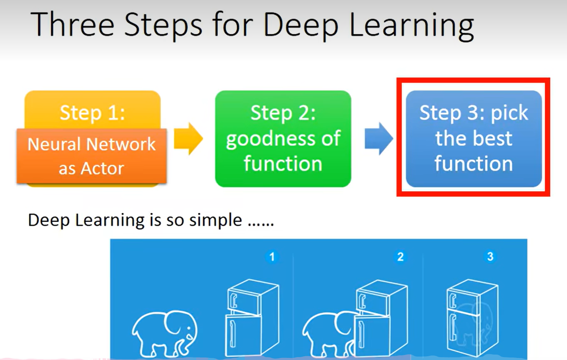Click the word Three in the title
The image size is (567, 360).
[73, 25]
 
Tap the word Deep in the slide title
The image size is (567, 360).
[301, 27]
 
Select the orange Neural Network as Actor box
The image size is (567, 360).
[91, 156]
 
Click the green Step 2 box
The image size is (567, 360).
[283, 139]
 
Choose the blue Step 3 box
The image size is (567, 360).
[474, 139]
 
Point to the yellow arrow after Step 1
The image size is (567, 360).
[189, 139]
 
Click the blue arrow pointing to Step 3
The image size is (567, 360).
[379, 139]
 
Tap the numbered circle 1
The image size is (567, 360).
[272, 257]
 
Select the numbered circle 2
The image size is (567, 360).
[400, 257]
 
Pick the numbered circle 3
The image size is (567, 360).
[490, 257]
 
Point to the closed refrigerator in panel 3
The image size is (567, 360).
[472, 318]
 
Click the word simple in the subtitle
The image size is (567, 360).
[216, 221]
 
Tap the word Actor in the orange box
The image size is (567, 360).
[102, 169]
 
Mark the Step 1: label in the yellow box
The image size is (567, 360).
[92, 113]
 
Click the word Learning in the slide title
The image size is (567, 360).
[411, 27]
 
